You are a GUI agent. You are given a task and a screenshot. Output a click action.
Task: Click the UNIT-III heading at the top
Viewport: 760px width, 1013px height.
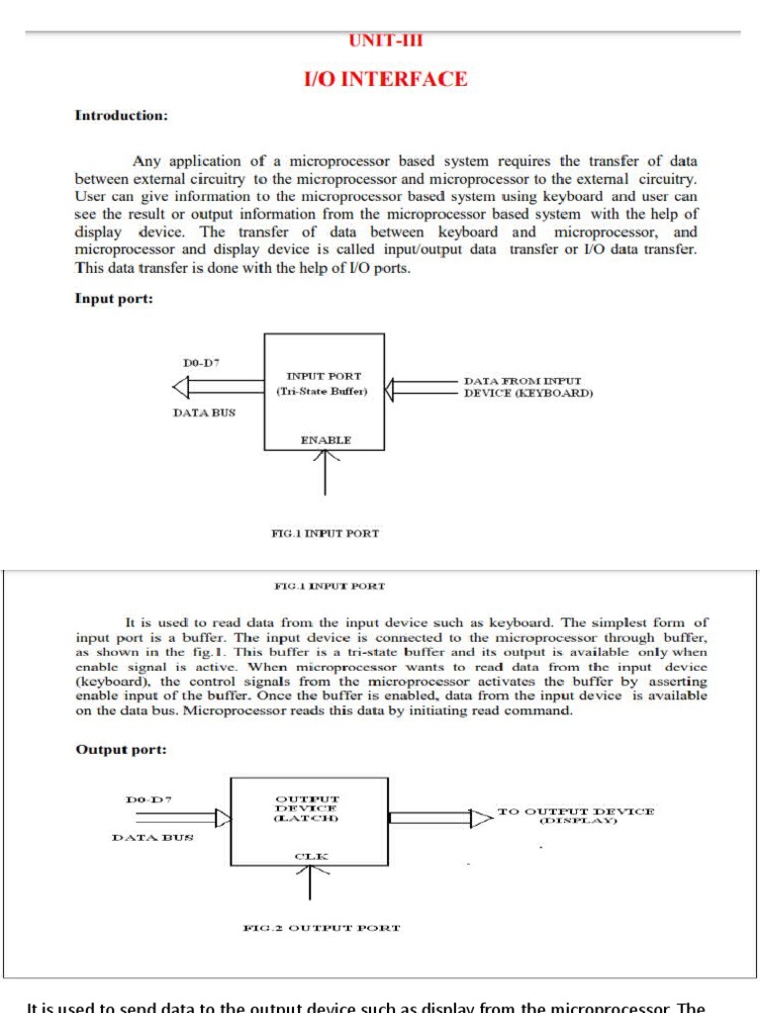click(385, 42)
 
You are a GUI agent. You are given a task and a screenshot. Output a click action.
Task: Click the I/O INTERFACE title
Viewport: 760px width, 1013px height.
click(385, 80)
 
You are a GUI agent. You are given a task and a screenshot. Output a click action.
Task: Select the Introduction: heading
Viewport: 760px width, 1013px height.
click(122, 116)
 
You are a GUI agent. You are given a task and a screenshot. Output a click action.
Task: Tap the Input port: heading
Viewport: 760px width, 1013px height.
click(114, 299)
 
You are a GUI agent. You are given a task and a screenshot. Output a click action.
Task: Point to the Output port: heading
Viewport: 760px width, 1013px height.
click(121, 750)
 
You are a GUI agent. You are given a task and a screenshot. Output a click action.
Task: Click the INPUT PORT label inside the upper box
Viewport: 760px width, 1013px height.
click(324, 376)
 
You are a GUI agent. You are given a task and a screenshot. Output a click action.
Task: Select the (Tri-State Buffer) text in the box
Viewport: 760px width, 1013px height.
click(323, 392)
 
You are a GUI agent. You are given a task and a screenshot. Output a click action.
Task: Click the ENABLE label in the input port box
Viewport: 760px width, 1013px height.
click(326, 439)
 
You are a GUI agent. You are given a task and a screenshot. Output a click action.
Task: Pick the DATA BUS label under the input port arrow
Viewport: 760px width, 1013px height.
click(204, 413)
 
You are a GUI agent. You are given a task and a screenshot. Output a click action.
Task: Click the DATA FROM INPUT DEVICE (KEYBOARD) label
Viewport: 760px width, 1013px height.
click(528, 387)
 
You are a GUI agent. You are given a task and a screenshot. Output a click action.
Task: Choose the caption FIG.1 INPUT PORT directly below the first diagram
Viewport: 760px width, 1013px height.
click(325, 533)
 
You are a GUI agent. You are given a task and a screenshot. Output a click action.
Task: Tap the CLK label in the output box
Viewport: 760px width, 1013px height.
click(311, 855)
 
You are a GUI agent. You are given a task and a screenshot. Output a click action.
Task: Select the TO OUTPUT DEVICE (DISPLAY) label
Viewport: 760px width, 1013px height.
click(575, 815)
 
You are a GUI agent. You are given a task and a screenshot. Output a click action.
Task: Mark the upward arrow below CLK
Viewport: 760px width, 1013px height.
click(311, 880)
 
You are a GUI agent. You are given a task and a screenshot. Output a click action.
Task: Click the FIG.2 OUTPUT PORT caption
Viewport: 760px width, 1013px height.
click(322, 928)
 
